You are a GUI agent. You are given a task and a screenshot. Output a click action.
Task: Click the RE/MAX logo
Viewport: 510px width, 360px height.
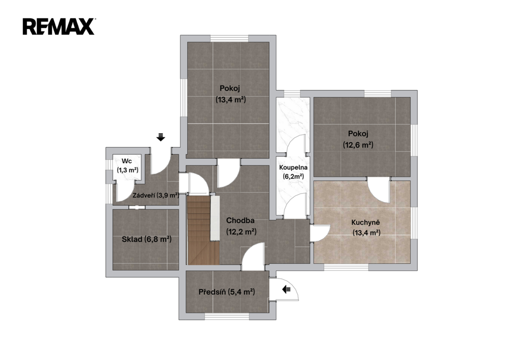click(x=59, y=27)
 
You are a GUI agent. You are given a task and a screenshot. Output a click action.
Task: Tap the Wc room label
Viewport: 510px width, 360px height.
click(x=126, y=161)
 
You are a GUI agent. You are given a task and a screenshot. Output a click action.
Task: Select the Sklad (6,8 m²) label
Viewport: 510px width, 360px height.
click(x=146, y=240)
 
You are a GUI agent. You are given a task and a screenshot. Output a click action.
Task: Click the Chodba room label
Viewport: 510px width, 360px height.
click(x=240, y=221)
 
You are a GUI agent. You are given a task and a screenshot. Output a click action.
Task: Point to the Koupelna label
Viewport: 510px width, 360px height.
click(x=293, y=167)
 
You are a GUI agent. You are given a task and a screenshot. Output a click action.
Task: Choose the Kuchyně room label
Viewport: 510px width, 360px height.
click(x=366, y=223)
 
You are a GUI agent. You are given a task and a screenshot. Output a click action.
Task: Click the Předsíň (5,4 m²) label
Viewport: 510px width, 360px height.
click(x=227, y=292)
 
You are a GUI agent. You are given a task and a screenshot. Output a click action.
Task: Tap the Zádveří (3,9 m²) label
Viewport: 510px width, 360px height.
click(x=156, y=196)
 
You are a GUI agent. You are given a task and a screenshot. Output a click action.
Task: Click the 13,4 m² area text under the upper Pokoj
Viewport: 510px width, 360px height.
click(x=231, y=100)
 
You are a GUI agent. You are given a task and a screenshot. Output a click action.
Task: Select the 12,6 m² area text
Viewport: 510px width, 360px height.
click(x=358, y=145)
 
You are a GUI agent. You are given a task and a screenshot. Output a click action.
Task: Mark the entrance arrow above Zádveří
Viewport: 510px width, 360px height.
click(x=161, y=137)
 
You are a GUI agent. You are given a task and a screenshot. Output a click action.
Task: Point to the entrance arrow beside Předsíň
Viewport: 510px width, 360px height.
click(x=286, y=289)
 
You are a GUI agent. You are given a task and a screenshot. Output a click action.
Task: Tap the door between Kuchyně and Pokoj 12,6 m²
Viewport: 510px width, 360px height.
click(x=379, y=191)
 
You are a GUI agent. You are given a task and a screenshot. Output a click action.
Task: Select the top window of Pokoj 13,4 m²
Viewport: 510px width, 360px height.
click(x=229, y=38)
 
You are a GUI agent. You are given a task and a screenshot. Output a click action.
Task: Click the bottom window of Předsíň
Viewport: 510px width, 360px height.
click(x=227, y=316)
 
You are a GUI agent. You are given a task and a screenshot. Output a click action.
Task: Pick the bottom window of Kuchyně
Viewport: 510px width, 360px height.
click(x=346, y=267)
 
